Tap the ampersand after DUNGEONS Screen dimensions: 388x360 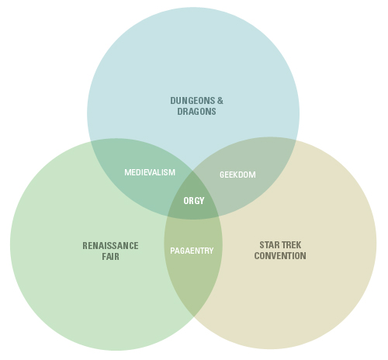(220, 101)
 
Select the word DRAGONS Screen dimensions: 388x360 (196, 112)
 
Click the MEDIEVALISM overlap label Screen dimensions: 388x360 (150, 172)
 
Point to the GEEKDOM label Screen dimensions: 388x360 (237, 175)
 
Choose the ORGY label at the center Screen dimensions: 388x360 (194, 201)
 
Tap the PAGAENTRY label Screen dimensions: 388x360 (192, 251)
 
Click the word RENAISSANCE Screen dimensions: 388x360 (110, 246)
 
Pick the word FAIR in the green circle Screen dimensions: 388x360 (110, 257)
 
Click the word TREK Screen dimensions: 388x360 (292, 245)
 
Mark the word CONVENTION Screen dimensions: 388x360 (280, 256)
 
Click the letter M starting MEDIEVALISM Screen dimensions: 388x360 (127, 172)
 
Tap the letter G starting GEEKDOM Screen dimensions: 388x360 (222, 175)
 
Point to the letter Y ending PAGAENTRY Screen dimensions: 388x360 (212, 251)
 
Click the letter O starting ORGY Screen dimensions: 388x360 (186, 201)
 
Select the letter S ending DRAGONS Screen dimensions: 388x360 (213, 112)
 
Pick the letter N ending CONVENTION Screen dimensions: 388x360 (303, 256)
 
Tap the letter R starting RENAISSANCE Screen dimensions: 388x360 (85, 246)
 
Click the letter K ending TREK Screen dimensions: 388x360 (299, 245)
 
